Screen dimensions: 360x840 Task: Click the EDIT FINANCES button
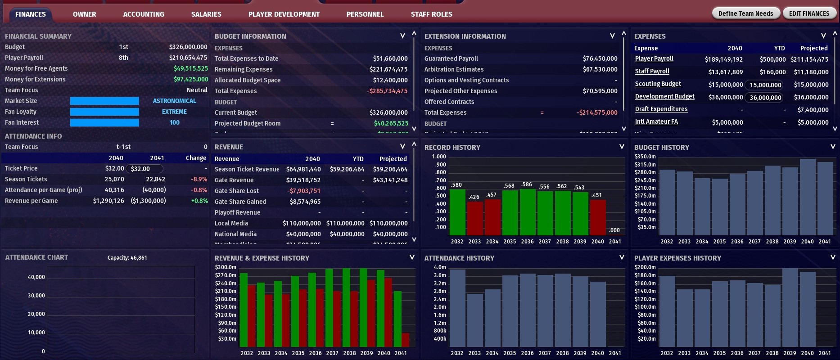809,13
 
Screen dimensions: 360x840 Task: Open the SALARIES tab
206,14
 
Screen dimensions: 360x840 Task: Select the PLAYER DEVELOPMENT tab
284,14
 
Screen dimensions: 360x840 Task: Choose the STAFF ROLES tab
431,14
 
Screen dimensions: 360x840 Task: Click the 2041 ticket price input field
145,169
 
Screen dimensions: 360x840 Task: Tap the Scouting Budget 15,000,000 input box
765,85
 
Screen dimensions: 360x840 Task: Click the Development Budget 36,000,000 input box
765,98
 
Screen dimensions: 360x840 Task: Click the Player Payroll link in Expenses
654,59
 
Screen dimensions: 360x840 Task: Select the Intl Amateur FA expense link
656,122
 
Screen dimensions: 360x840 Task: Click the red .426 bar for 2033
475,218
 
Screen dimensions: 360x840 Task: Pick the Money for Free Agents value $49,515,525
191,68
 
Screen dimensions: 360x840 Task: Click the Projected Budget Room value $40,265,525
391,123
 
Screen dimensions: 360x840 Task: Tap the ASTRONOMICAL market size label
174,101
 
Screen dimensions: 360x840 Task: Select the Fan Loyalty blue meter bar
104,112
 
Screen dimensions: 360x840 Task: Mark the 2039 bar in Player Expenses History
790,308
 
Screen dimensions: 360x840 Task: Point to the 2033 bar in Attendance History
475,320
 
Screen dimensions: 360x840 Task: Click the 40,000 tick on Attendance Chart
36,277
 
